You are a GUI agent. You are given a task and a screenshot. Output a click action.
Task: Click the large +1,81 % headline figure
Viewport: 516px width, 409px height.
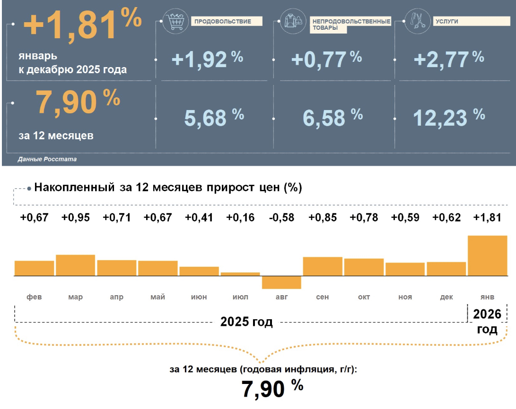pos(81,26)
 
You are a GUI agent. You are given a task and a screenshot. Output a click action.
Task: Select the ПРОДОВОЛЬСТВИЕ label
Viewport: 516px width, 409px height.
pos(227,21)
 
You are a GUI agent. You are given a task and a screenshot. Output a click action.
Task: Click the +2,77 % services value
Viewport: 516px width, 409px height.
pos(448,59)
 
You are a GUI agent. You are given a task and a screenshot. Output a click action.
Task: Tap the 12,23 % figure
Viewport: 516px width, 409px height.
pos(449,117)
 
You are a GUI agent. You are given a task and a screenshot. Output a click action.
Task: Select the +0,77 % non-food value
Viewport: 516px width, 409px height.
pos(326,59)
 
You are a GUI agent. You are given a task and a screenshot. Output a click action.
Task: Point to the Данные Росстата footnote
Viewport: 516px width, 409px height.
pos(47,160)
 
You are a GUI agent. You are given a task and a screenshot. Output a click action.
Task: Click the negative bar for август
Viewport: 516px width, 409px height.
pos(281,282)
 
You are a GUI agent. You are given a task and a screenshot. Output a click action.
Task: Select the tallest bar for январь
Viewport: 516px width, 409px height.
pos(487,256)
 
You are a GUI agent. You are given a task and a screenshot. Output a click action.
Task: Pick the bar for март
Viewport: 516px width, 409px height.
pos(75,265)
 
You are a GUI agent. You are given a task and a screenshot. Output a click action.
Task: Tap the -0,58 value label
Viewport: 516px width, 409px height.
pos(281,218)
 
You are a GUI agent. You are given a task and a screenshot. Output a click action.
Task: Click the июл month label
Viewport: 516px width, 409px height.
pos(240,297)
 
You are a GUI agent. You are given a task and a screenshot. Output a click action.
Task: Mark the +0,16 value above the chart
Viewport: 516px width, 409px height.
pos(240,218)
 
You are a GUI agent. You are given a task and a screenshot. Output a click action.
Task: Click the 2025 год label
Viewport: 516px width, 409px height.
pos(246,323)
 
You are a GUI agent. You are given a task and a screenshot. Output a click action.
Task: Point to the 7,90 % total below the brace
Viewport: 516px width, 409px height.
pos(271,389)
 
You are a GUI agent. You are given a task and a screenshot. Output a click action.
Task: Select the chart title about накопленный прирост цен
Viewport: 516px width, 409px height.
pos(168,187)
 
